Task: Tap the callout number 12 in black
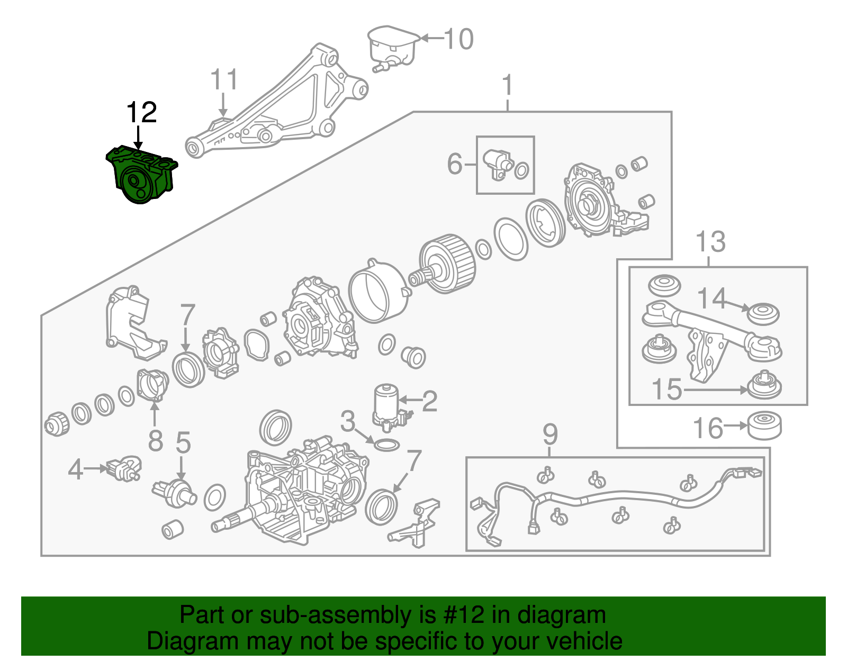pyautogui.click(x=141, y=113)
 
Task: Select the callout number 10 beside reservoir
pyautogui.click(x=458, y=39)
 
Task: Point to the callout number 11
pyautogui.click(x=224, y=80)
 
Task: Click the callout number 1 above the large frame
pyautogui.click(x=507, y=85)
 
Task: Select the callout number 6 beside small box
pyautogui.click(x=455, y=164)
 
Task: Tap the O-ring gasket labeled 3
pyautogui.click(x=386, y=445)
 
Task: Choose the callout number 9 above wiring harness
pyautogui.click(x=550, y=435)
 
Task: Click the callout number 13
pyautogui.click(x=710, y=242)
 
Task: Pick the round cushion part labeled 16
pyautogui.click(x=764, y=425)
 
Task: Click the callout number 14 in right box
pyautogui.click(x=711, y=298)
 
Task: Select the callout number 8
pyautogui.click(x=155, y=440)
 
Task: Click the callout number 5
pyautogui.click(x=183, y=442)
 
